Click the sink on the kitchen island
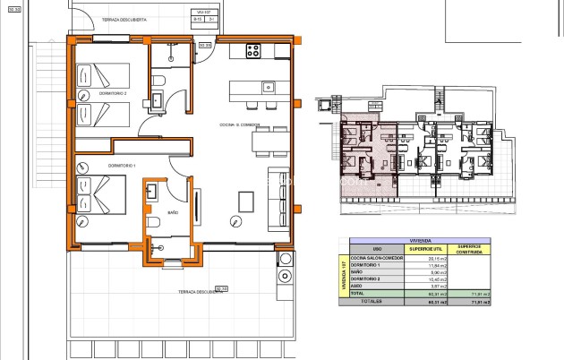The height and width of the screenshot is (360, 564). point(266,88)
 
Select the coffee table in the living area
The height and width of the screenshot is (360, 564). point(245,200)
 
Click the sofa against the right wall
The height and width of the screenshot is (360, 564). point(280,192)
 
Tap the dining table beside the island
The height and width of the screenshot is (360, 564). point(269,141)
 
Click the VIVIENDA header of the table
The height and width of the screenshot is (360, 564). point(418,239)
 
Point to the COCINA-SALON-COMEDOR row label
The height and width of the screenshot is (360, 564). point(377,258)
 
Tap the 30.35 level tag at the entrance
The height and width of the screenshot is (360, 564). point(205,44)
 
